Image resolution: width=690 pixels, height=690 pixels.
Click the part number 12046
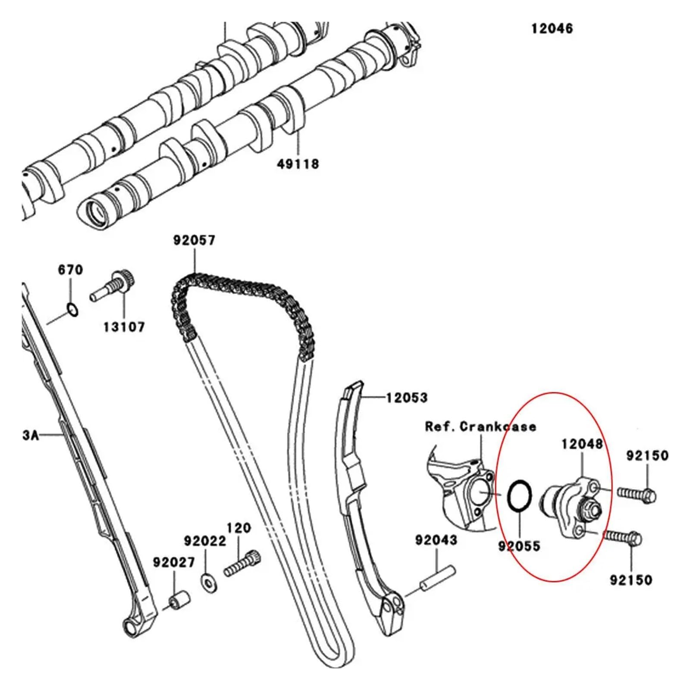pos(552,29)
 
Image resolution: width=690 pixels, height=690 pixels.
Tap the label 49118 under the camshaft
pos(298,164)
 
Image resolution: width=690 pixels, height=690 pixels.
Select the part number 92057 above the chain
pos(194,240)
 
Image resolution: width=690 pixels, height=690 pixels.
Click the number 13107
pos(124,327)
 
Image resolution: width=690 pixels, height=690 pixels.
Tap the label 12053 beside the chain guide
pos(406,397)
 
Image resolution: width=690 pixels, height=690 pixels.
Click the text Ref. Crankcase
pos(480,427)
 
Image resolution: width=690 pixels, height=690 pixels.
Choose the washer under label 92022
pos(209,583)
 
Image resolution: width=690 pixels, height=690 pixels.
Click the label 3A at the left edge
pos(31,435)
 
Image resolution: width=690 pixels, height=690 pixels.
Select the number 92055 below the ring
pos(519,546)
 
